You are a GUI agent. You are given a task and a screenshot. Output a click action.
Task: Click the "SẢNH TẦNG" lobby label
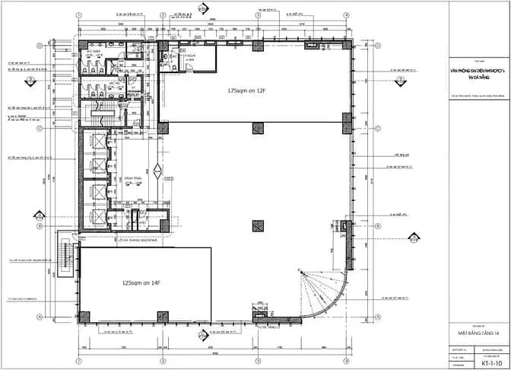point(125,180)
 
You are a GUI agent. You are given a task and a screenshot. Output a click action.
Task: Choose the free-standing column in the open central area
point(259,226)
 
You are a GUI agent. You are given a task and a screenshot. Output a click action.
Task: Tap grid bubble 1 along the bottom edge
point(79,359)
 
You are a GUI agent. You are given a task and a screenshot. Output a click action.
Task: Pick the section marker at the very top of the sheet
point(202,8)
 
